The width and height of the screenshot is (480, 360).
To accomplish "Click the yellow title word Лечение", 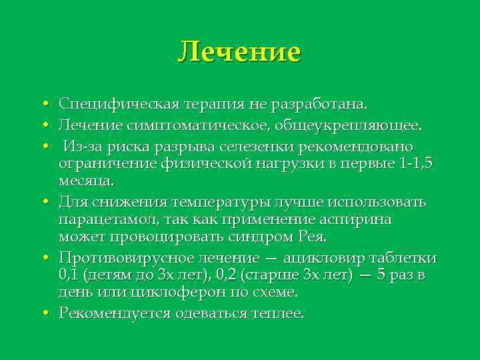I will tap(239, 51).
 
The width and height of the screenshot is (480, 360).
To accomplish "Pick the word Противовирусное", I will tap(117, 258).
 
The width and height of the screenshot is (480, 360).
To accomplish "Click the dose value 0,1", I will tap(68, 275).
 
